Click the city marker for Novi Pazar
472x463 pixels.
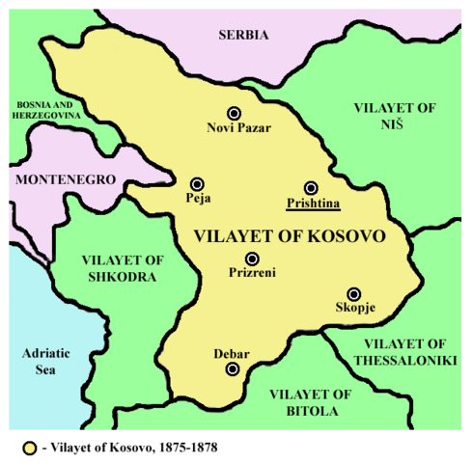tap(233, 113)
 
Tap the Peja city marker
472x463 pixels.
tap(197, 183)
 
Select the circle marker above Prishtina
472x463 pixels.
tap(311, 187)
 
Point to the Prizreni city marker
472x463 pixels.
tap(252, 258)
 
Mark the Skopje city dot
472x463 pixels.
tap(354, 293)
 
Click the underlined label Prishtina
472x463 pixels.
tap(311, 204)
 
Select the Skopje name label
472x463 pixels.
tap(355, 309)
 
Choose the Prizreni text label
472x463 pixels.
tap(252, 273)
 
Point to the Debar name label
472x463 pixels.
tap(232, 354)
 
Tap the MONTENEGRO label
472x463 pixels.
tap(64, 179)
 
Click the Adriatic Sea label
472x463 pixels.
tap(47, 362)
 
